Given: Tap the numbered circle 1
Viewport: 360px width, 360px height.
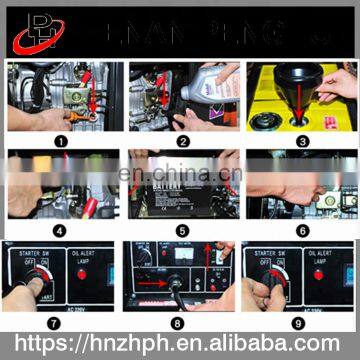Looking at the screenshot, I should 61,141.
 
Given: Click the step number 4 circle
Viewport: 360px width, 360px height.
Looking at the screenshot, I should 61,231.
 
